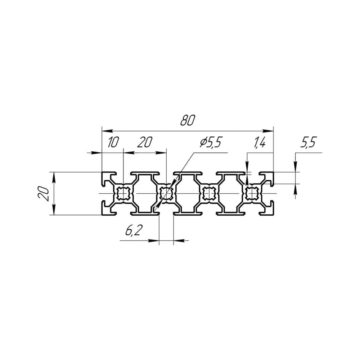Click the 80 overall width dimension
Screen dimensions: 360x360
click(188, 120)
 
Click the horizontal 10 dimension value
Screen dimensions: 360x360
click(113, 142)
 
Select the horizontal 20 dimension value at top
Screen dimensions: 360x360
click(145, 142)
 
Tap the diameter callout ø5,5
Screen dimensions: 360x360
click(210, 143)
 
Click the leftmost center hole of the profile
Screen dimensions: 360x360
click(124, 193)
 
